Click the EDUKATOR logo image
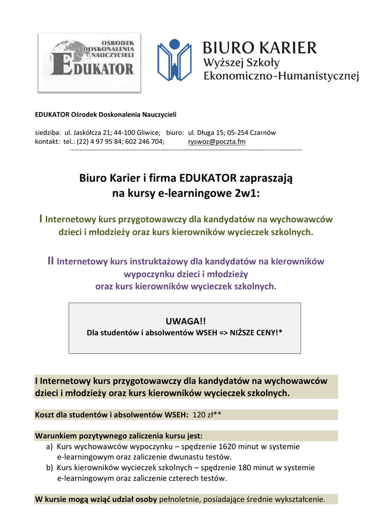(90, 62)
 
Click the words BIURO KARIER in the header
(259, 48)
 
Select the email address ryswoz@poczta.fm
(217, 142)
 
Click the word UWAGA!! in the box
(185, 321)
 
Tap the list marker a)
(49, 447)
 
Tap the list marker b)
(49, 468)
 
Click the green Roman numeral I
(41, 219)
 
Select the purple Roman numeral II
(50, 261)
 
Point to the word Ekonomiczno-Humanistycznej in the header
(281, 76)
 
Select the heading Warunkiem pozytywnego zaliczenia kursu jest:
(118, 436)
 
